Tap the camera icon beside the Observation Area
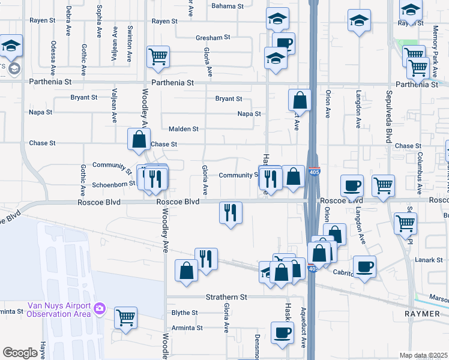tap(101, 309)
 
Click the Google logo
tap(20, 353)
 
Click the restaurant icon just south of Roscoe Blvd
tap(231, 212)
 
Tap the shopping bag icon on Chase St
tap(139, 140)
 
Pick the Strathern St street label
tap(226, 297)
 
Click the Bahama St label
tap(228, 6)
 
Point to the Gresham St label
tap(213, 37)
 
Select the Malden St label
tap(183, 129)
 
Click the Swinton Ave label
tap(129, 39)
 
